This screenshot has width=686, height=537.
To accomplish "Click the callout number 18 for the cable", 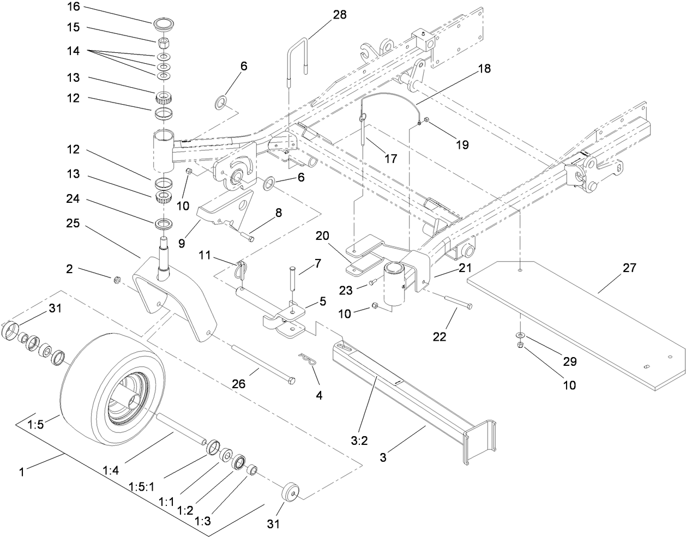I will click(x=484, y=69).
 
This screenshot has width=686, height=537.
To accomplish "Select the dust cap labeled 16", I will click(x=162, y=25).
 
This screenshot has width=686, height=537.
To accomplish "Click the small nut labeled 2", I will click(x=116, y=280).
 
